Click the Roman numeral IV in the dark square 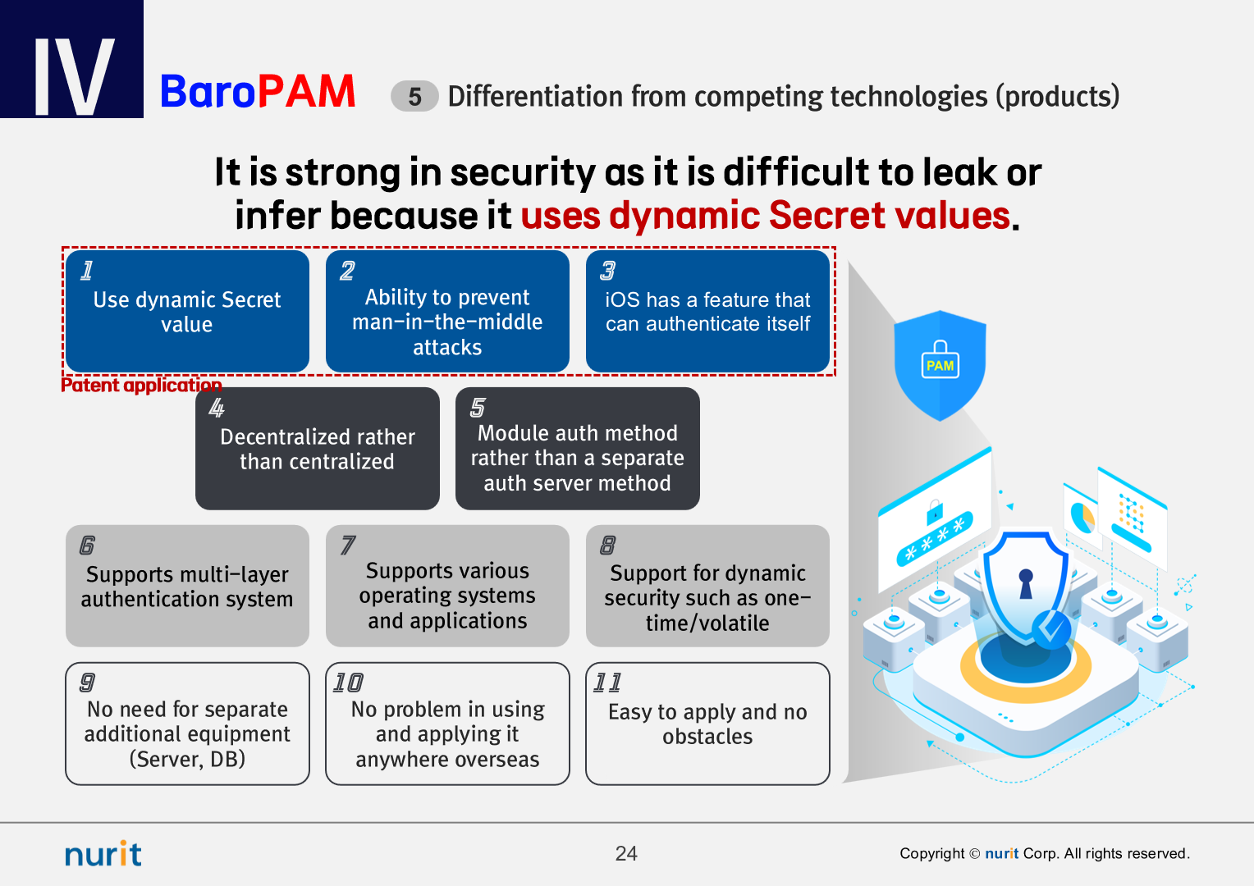click(x=74, y=76)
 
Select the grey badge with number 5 click(x=414, y=96)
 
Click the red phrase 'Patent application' click(x=141, y=385)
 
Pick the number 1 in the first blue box click(x=87, y=271)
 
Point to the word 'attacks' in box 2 click(x=447, y=348)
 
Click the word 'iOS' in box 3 click(x=623, y=300)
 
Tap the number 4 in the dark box click(x=217, y=408)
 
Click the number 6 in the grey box click(x=87, y=546)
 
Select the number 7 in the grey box click(x=348, y=546)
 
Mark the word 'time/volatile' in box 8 click(x=707, y=623)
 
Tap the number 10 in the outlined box click(x=348, y=683)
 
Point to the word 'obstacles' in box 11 click(x=707, y=737)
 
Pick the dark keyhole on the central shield click(x=1026, y=584)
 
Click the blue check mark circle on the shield click(x=1051, y=630)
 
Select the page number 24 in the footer click(x=626, y=853)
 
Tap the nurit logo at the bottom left click(x=103, y=853)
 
